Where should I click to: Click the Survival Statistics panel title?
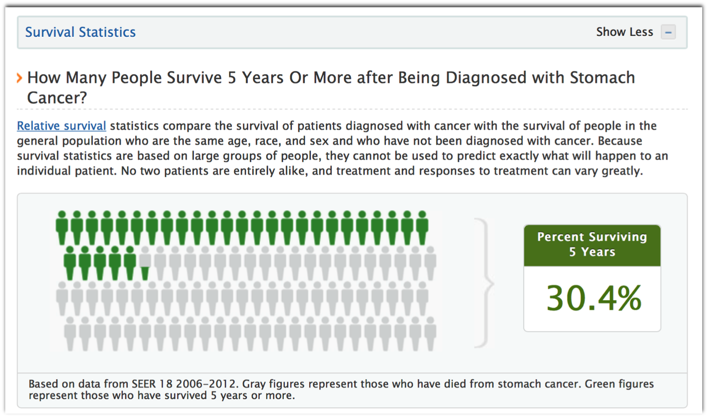80,32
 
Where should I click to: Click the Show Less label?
624,32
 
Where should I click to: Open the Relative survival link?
61,126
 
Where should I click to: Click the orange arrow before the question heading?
19,78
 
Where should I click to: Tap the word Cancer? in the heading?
57,98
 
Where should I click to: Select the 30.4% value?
594,298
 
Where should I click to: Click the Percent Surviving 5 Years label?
592,244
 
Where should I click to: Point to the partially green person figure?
145,263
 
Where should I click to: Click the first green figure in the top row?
62,228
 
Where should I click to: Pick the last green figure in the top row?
422,228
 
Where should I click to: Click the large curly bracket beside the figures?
485,283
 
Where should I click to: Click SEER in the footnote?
143,384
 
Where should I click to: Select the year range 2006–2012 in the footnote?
206,384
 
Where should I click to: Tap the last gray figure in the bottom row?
430,334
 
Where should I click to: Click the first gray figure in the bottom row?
70,334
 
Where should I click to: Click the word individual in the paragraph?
44,171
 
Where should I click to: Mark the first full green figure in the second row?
70,263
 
